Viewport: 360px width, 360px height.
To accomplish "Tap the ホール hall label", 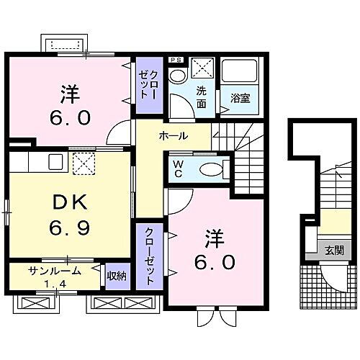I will (174, 135).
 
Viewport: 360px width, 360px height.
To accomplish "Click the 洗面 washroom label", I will (204, 97).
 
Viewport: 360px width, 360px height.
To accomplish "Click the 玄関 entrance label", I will (334, 250).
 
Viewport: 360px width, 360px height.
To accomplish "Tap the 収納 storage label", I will (117, 274).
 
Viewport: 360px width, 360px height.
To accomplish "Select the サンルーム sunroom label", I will (55, 271).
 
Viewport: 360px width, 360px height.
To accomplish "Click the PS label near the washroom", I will (175, 60).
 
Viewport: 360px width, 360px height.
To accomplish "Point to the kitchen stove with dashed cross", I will (84, 163).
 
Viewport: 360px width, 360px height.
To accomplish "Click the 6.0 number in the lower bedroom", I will (215, 263).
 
